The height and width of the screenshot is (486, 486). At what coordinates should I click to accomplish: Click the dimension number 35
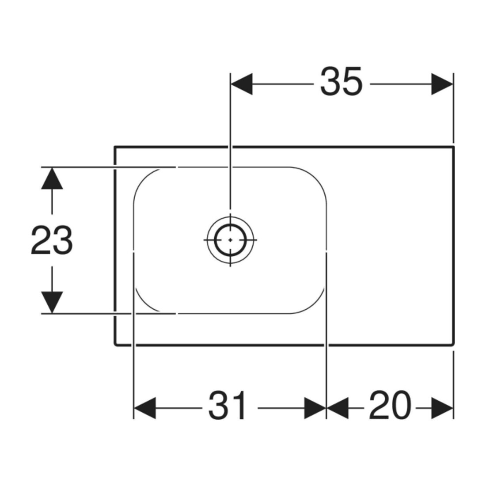[341, 82]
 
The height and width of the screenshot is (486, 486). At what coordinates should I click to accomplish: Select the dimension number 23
[51, 240]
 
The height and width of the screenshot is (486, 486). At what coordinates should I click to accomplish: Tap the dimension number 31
[228, 406]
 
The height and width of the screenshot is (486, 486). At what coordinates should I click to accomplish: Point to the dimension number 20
[390, 406]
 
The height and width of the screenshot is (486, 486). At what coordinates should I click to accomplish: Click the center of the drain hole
[230, 240]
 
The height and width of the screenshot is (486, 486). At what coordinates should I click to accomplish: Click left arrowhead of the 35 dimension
[241, 84]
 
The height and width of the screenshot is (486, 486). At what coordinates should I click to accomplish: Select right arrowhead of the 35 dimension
[442, 84]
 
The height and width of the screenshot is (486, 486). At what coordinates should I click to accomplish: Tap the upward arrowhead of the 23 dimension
[52, 178]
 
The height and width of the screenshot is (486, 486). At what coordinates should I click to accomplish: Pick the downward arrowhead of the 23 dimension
[52, 303]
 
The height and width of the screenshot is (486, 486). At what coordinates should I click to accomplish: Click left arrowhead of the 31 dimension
[144, 408]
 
